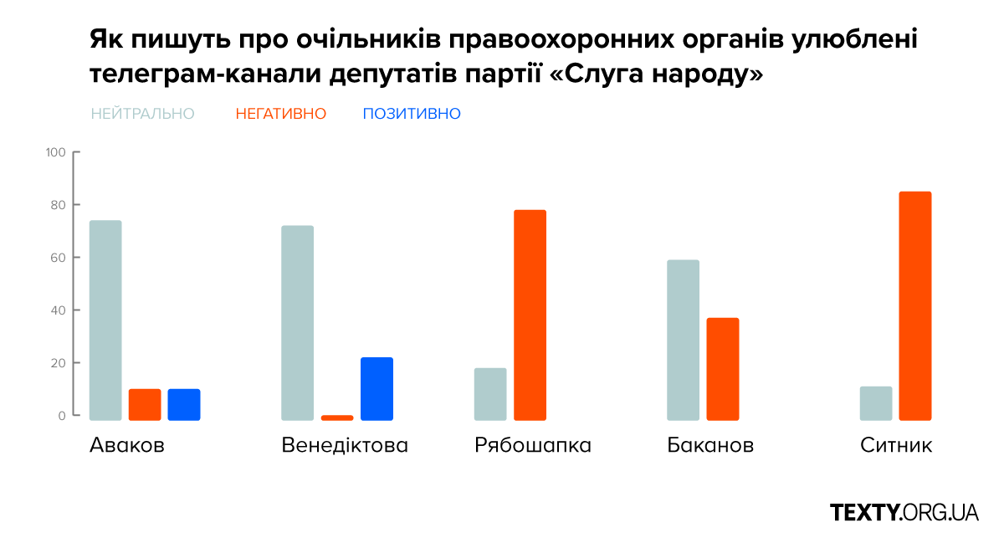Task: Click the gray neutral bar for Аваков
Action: point(105,320)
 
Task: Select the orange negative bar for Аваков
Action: point(145,404)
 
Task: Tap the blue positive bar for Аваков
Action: point(184,404)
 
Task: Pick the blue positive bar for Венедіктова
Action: point(376,388)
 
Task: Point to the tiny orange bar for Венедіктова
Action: point(337,417)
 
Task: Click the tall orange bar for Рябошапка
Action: point(530,315)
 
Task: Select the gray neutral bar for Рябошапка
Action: point(490,393)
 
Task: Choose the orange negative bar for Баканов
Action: point(723,368)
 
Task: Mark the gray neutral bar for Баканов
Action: point(683,340)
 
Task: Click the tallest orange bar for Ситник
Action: point(915,305)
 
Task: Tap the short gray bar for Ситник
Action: point(876,402)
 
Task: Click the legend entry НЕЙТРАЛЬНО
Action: point(142,114)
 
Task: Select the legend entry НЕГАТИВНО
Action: point(281,114)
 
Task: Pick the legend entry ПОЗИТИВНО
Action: point(412,114)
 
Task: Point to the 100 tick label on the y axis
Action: point(55,152)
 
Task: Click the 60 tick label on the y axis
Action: point(58,258)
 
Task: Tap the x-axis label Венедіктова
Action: point(345,445)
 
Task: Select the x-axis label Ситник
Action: point(895,445)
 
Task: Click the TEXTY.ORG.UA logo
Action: point(904,512)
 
